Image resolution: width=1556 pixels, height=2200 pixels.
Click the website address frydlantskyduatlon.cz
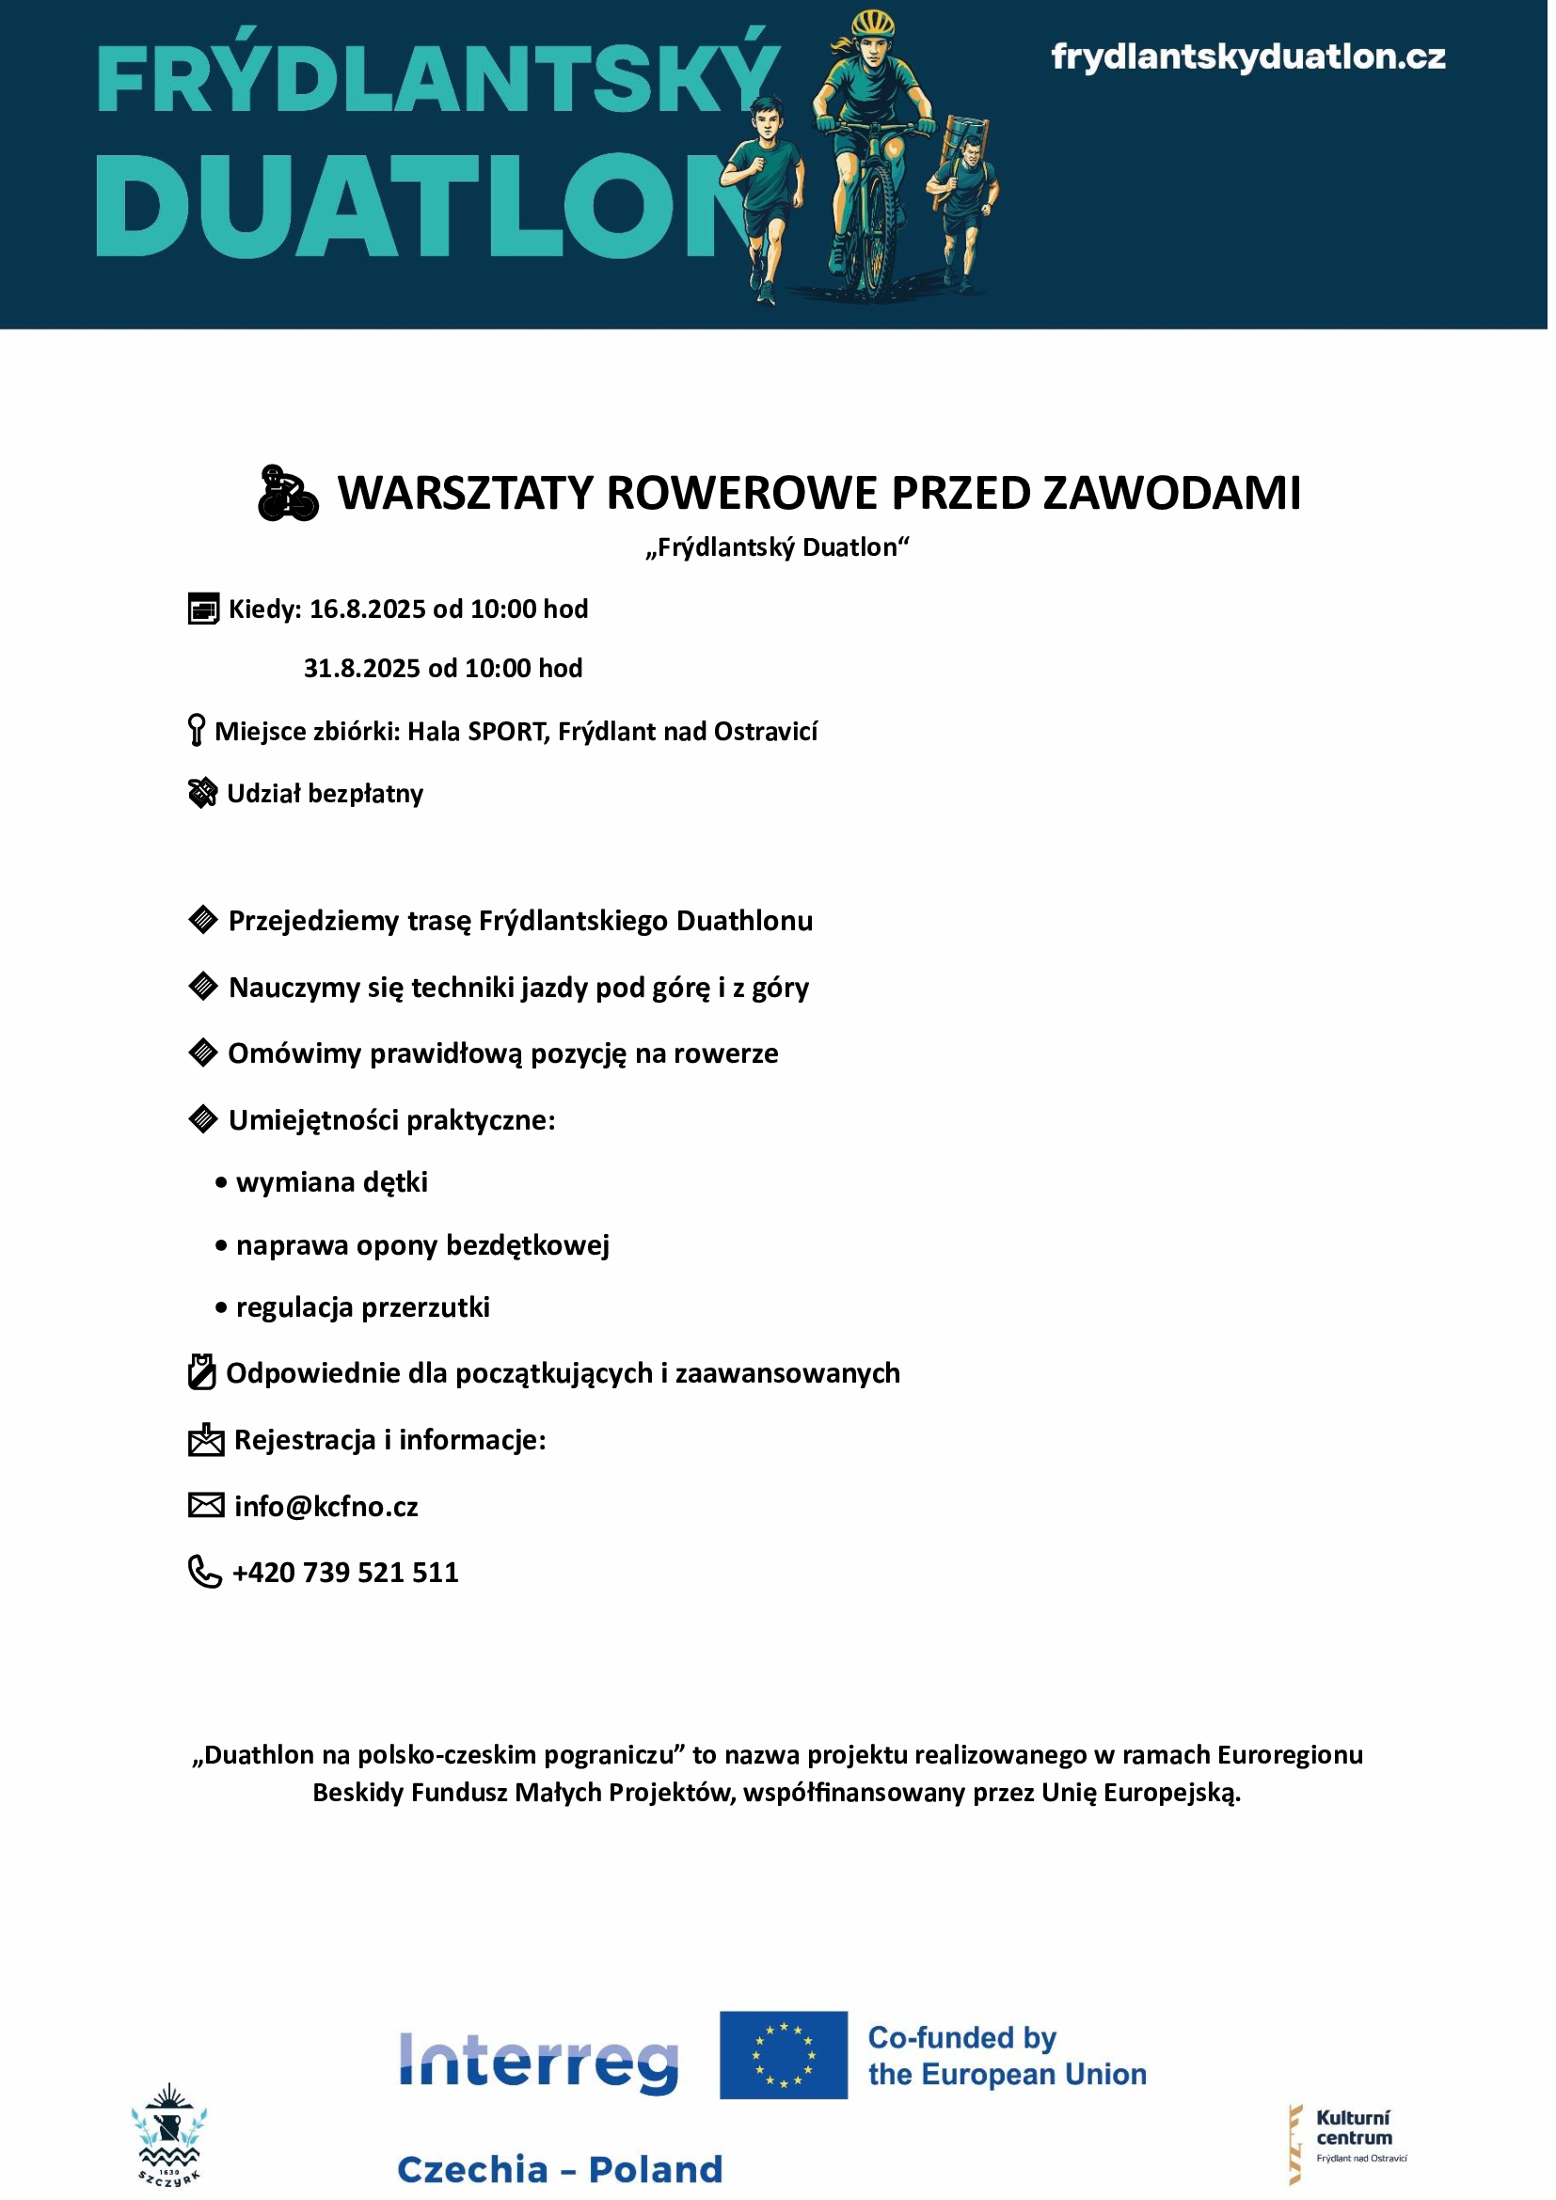coord(1247,57)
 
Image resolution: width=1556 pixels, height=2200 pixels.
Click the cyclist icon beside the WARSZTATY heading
coord(288,494)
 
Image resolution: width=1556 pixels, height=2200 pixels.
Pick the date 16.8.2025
coord(368,609)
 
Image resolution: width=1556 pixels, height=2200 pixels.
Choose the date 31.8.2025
coord(362,668)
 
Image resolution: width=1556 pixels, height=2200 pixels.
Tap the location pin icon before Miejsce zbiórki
coord(197,730)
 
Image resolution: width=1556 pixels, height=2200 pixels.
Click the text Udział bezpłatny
coord(325,794)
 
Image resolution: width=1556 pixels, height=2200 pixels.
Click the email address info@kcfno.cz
coord(325,1506)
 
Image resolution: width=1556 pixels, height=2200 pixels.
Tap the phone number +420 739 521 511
coord(345,1573)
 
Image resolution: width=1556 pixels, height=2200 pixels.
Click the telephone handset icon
coord(204,1572)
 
